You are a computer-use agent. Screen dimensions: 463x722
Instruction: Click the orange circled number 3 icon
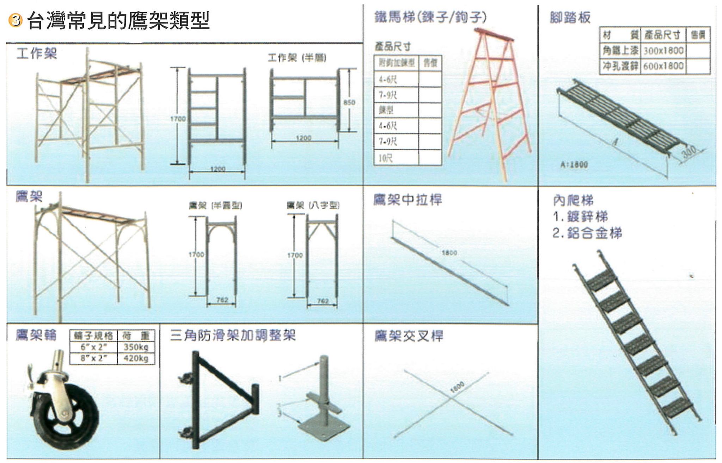click(15, 20)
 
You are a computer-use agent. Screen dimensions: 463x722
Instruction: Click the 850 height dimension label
click(349, 102)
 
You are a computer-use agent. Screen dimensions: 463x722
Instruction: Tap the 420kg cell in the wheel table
click(136, 358)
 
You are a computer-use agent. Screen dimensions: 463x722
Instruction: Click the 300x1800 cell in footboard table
click(663, 51)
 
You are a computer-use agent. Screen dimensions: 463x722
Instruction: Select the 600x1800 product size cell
click(663, 66)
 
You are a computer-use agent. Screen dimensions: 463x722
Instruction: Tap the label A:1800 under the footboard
click(574, 164)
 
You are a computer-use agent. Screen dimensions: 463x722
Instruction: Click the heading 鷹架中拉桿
click(408, 200)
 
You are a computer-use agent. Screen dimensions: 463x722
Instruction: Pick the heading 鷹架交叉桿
click(408, 336)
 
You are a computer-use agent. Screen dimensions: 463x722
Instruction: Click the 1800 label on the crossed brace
click(457, 387)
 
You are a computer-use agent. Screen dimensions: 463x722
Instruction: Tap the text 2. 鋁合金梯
click(587, 233)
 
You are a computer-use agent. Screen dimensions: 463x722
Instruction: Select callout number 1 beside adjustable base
click(280, 378)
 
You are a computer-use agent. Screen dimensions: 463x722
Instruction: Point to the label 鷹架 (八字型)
click(313, 205)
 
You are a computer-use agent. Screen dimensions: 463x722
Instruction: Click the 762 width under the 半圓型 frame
click(222, 300)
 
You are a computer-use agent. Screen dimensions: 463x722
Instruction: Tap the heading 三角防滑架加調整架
click(233, 336)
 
